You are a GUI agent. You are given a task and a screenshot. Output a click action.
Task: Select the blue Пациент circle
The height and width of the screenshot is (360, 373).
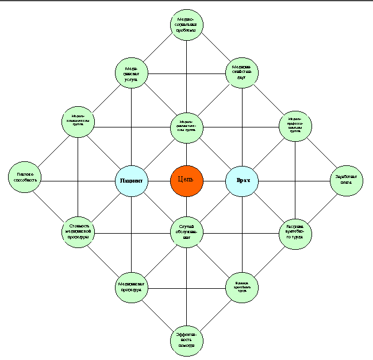click(x=132, y=181)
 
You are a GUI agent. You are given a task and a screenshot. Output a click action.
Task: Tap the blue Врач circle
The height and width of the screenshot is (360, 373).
click(x=242, y=181)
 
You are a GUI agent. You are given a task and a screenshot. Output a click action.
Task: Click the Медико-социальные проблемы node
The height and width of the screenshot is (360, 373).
click(x=187, y=25)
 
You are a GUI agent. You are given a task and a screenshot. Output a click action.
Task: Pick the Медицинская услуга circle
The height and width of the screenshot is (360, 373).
click(x=132, y=73)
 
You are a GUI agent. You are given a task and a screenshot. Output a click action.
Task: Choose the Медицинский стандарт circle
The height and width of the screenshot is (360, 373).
click(x=242, y=73)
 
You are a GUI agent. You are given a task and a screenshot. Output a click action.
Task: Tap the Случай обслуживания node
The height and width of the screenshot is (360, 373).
click(x=187, y=231)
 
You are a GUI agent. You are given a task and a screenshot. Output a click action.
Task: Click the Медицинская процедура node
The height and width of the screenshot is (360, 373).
click(x=132, y=287)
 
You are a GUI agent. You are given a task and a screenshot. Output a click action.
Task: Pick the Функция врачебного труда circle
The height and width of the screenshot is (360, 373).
click(x=242, y=287)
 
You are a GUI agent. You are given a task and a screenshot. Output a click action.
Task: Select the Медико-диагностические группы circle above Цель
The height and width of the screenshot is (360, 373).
click(x=187, y=127)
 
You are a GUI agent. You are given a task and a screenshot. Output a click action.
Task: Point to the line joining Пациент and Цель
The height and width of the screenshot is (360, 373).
click(x=159, y=181)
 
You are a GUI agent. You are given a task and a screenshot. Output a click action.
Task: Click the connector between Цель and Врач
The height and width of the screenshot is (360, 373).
click(x=214, y=181)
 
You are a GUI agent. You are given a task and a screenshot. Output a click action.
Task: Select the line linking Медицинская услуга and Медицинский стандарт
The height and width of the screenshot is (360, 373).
click(x=187, y=73)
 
